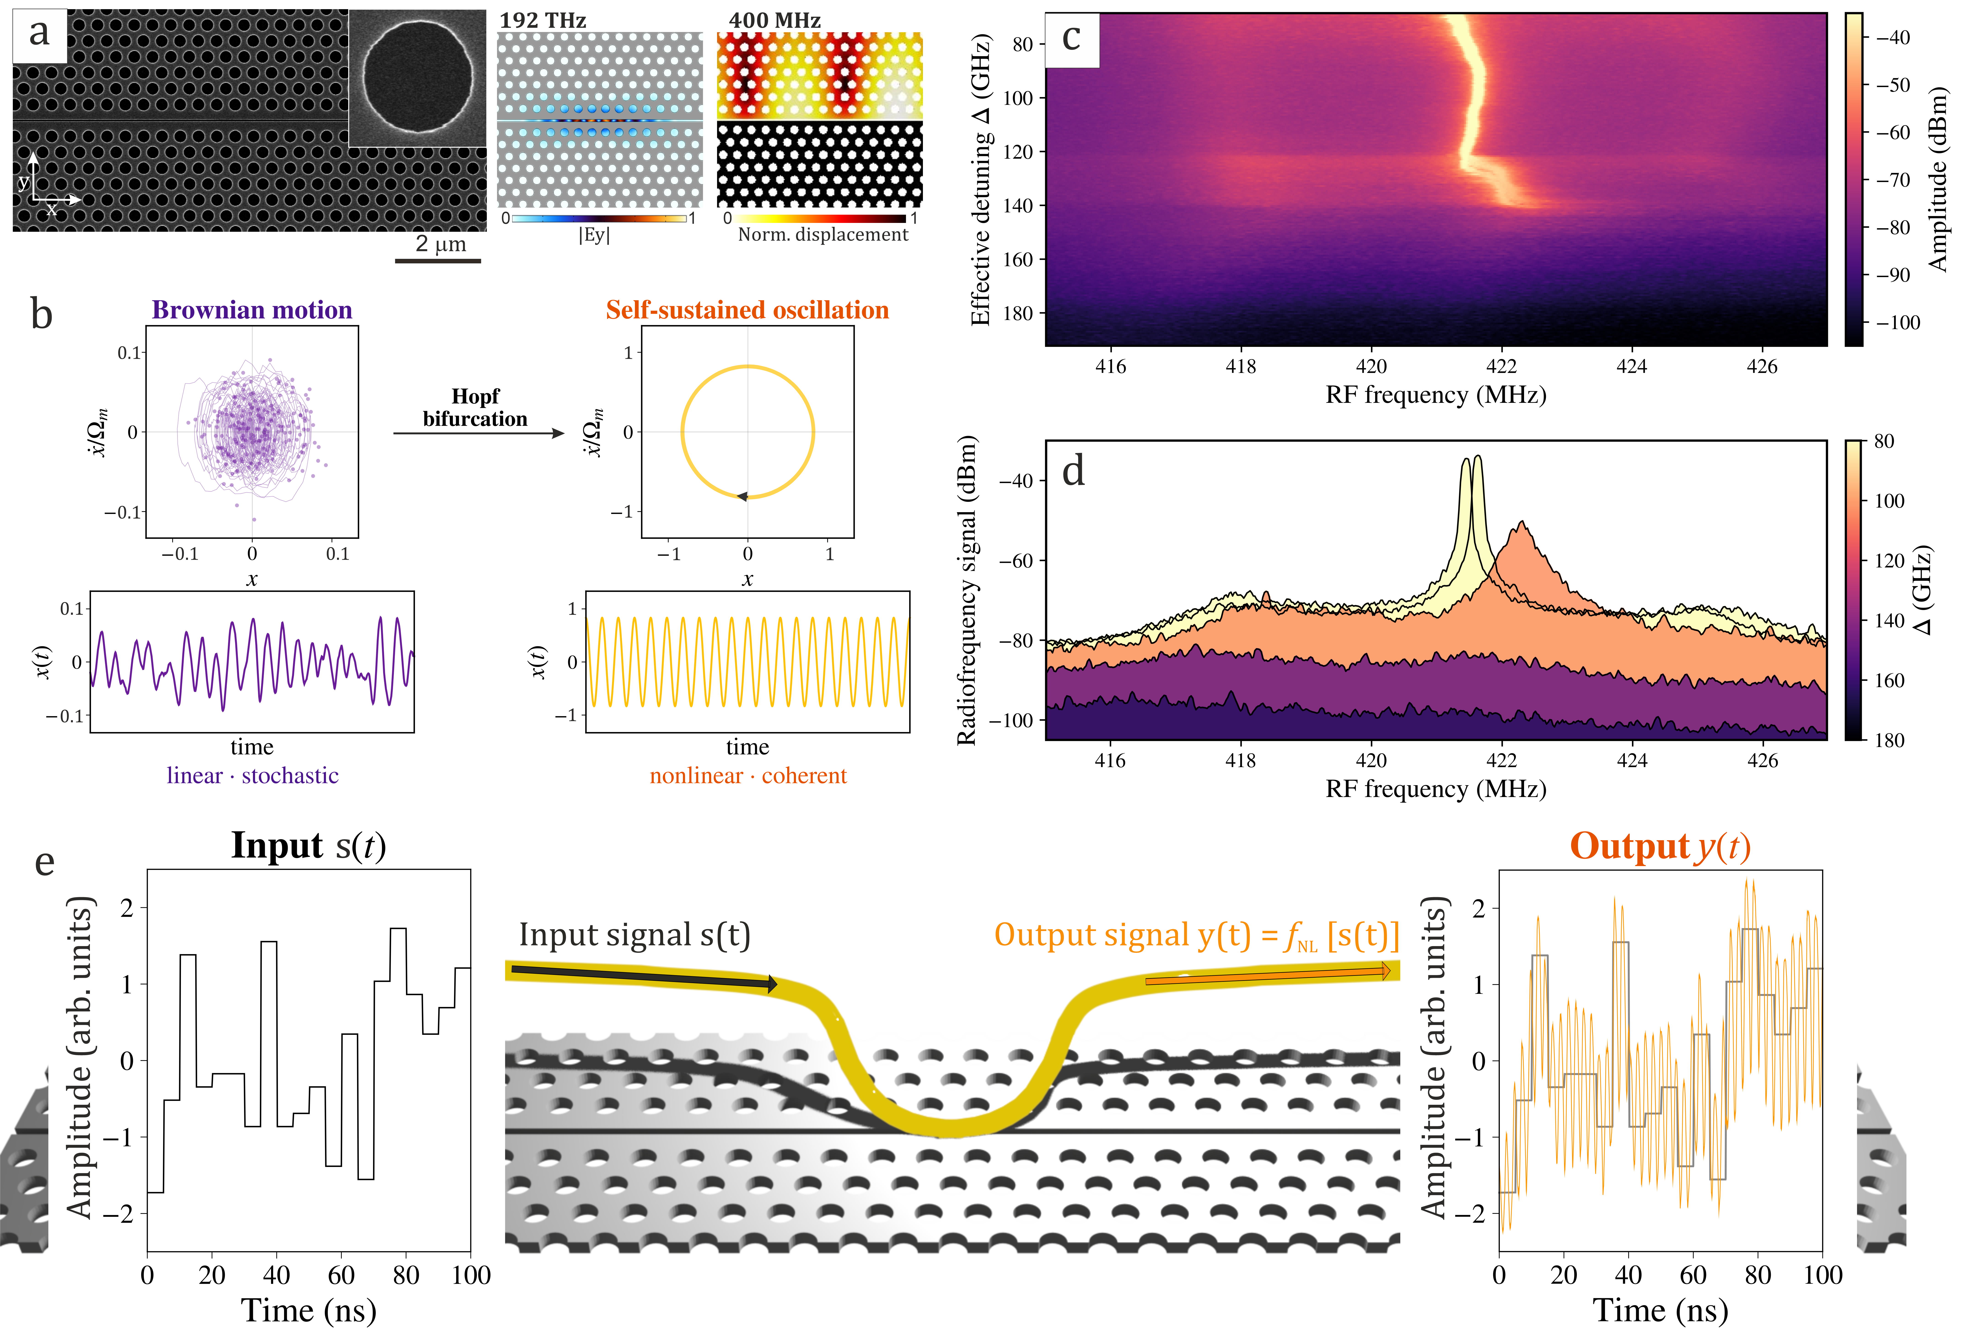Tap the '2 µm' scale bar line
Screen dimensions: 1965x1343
coord(438,260)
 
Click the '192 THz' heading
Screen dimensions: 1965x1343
coord(543,20)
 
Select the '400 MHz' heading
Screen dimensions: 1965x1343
coord(774,20)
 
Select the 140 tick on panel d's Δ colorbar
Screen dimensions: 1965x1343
coord(1889,620)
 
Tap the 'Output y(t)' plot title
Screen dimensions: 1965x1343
coord(1660,846)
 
